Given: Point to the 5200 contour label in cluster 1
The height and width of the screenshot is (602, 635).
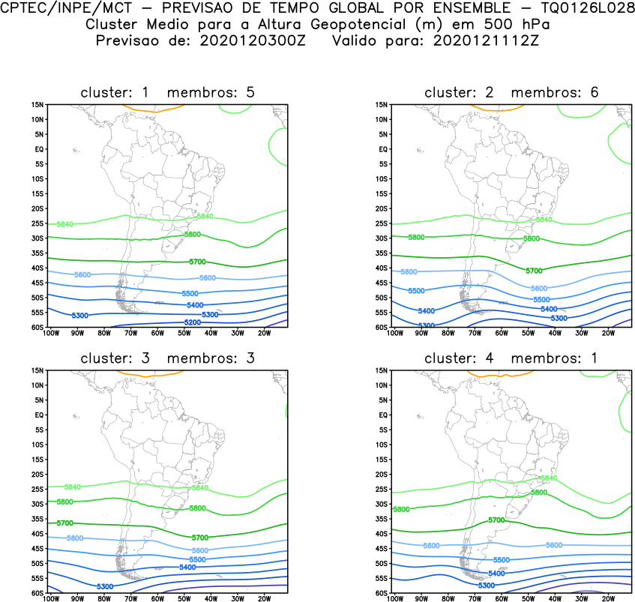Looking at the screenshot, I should click(193, 322).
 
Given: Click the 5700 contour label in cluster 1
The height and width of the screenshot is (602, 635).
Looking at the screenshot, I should click(197, 262).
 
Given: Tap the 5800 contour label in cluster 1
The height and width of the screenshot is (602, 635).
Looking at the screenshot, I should click(193, 235).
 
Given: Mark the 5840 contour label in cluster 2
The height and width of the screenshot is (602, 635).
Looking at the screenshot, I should click(544, 220).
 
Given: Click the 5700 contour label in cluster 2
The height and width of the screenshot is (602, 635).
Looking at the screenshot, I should click(534, 271).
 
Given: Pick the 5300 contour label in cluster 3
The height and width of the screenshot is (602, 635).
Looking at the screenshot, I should click(105, 586).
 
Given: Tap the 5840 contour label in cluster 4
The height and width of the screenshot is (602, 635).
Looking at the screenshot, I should click(548, 478).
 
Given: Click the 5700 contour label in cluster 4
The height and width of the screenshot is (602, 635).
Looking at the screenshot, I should click(496, 520).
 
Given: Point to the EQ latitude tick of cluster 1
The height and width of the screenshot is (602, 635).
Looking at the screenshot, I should click(40, 149).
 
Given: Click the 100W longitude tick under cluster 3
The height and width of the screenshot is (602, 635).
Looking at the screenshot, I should click(51, 598).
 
